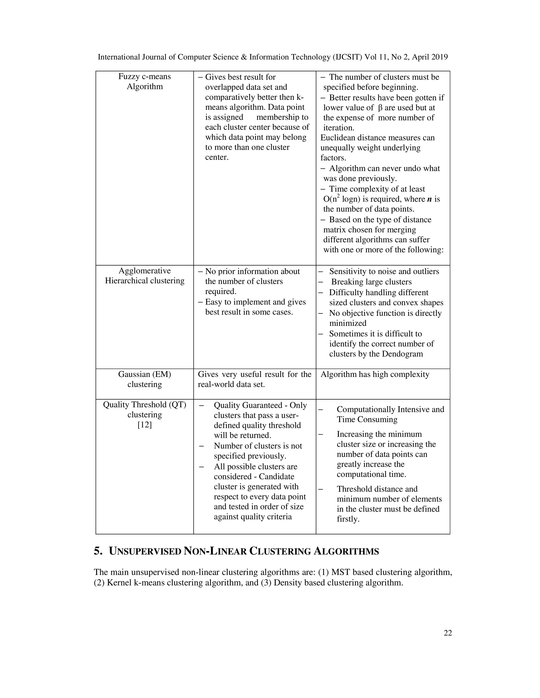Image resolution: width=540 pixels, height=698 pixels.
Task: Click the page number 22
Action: click(447, 633)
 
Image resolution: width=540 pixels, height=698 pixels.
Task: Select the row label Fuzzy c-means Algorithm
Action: click(144, 81)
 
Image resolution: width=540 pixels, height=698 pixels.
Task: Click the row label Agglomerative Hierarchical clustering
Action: click(144, 276)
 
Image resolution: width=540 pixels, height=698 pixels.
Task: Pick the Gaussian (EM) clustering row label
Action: click(144, 379)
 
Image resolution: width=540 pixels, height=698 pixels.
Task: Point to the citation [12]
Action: click(144, 425)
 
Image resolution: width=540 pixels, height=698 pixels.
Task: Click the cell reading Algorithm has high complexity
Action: click(375, 374)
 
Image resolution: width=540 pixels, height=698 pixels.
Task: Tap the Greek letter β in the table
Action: click(380, 108)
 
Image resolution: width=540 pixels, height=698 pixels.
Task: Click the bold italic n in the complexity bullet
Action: click(430, 199)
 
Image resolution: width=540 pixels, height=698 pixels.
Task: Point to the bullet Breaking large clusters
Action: click(371, 282)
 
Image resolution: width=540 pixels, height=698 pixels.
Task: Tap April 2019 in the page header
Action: click(430, 57)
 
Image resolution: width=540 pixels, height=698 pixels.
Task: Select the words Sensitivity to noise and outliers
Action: click(384, 271)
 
